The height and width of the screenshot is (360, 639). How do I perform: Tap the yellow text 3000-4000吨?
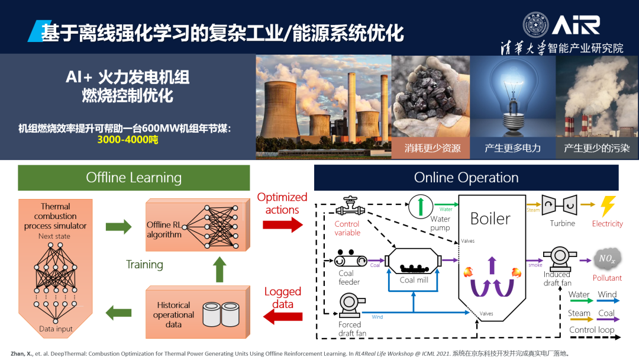[x=128, y=140]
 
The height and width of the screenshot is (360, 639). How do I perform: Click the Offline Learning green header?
[x=134, y=178]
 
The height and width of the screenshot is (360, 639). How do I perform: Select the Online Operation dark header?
[x=466, y=178]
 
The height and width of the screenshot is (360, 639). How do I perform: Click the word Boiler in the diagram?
[x=490, y=218]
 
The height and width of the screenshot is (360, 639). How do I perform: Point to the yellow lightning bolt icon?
[x=608, y=207]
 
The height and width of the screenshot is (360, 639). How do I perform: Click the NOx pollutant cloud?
[x=607, y=259]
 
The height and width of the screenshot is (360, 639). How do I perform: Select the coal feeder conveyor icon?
[x=349, y=259]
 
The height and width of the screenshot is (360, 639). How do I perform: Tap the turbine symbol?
[x=562, y=205]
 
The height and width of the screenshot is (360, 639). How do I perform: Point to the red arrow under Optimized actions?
[x=282, y=224]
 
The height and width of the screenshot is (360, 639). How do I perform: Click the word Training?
[x=144, y=264]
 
